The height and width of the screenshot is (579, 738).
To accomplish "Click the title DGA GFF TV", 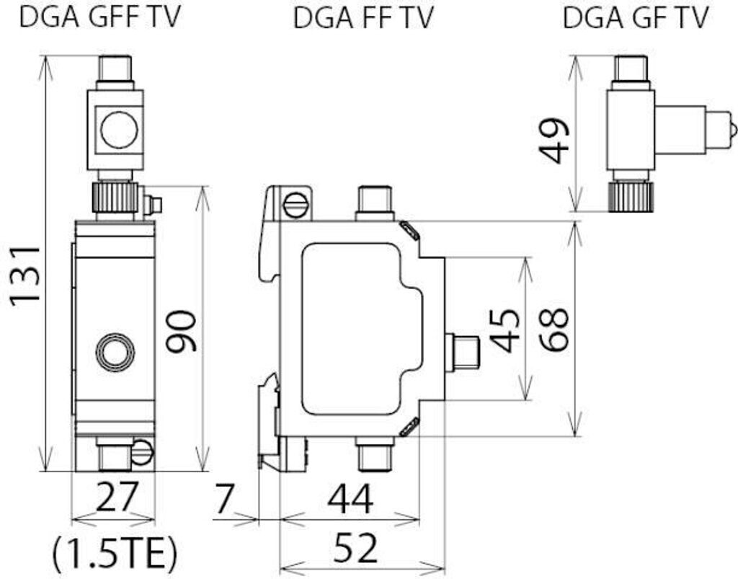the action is pyautogui.click(x=99, y=17).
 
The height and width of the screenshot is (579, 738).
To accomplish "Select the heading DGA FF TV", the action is pyautogui.click(x=363, y=18).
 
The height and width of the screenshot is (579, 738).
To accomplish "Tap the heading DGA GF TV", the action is pyautogui.click(x=636, y=17).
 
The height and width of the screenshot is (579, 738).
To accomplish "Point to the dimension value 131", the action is pyautogui.click(x=26, y=275).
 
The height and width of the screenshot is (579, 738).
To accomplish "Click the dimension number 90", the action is pyautogui.click(x=181, y=331).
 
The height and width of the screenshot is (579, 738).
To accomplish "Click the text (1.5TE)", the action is pyautogui.click(x=115, y=554).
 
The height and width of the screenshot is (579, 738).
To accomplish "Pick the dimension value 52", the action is pyautogui.click(x=355, y=547).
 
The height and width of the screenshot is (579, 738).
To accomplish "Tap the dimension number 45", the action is pyautogui.click(x=505, y=330).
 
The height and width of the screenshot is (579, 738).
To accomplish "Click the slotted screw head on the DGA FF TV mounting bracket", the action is pyautogui.click(x=295, y=205).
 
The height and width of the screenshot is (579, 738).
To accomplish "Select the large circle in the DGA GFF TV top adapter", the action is pyautogui.click(x=120, y=130).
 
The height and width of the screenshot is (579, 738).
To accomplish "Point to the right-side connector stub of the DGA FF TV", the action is pyautogui.click(x=462, y=350).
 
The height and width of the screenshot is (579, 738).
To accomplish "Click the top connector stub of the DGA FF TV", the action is pyautogui.click(x=375, y=203).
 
